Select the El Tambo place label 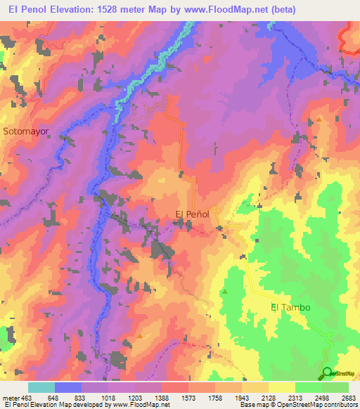point(290,307)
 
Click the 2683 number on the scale point(349,398)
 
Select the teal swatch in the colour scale point(41,387)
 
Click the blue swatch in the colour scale point(68,387)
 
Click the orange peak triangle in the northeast point(319,119)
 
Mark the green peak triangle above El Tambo point(225,291)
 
